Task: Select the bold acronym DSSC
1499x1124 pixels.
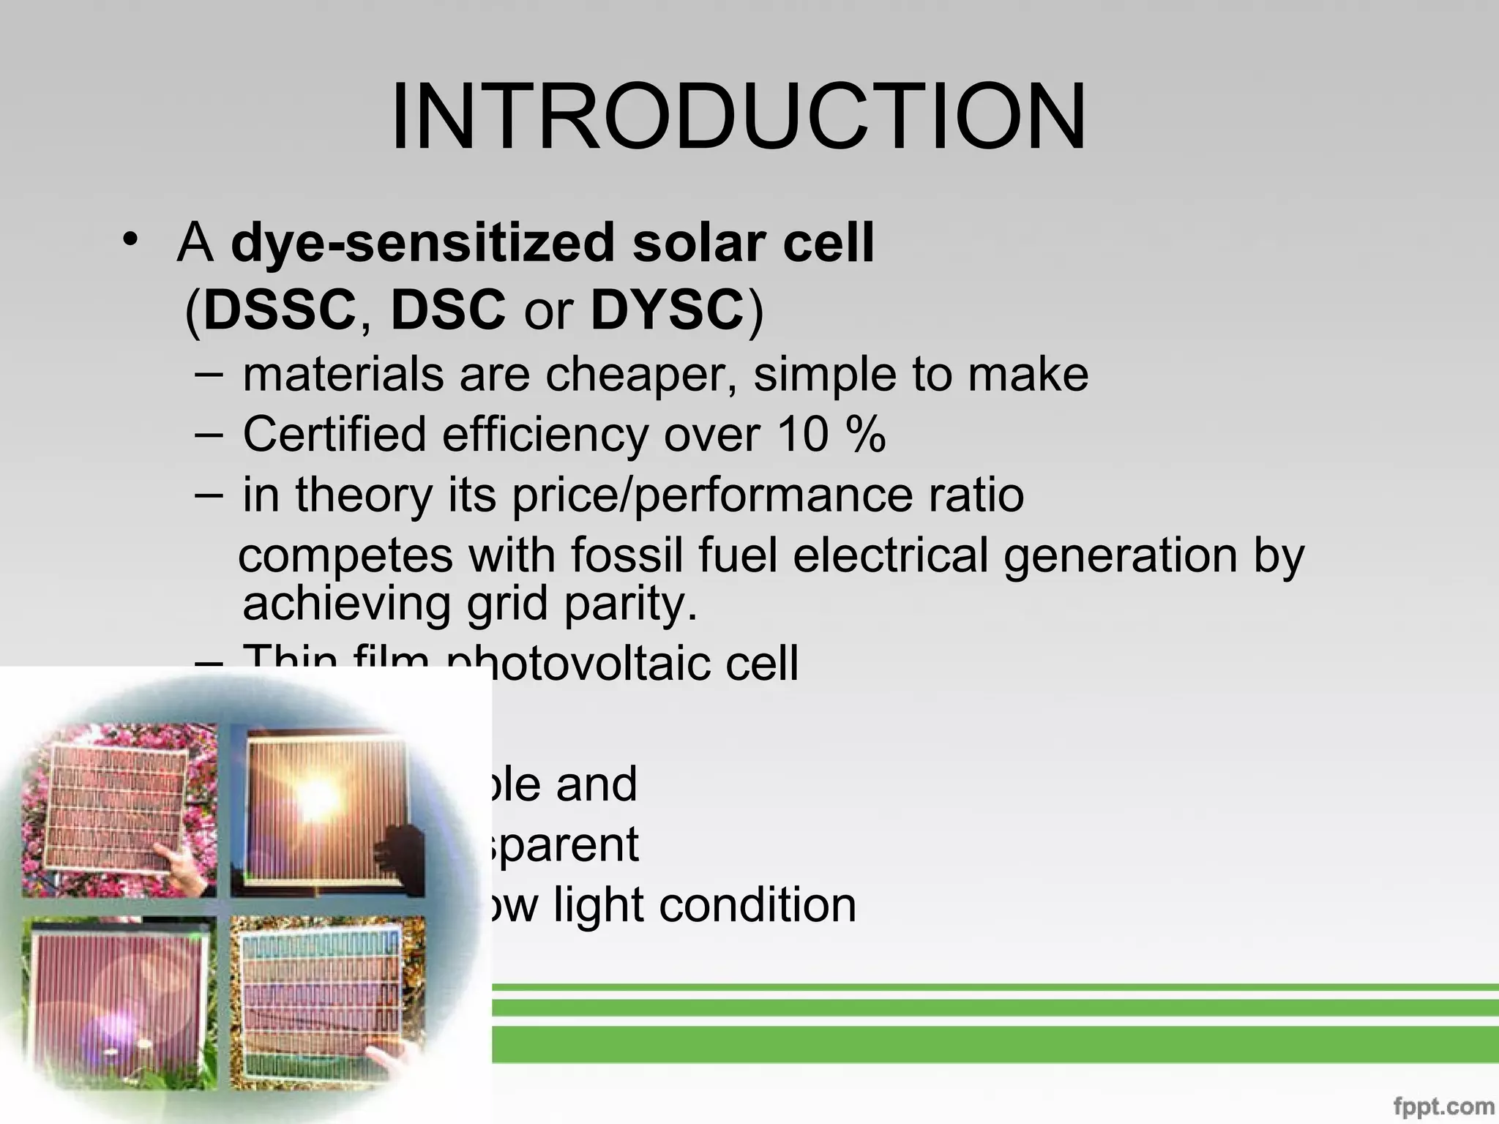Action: (280, 310)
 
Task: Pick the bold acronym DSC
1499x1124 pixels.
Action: (448, 310)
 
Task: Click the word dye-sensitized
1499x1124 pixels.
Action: (421, 244)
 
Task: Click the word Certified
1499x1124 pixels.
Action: (334, 434)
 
